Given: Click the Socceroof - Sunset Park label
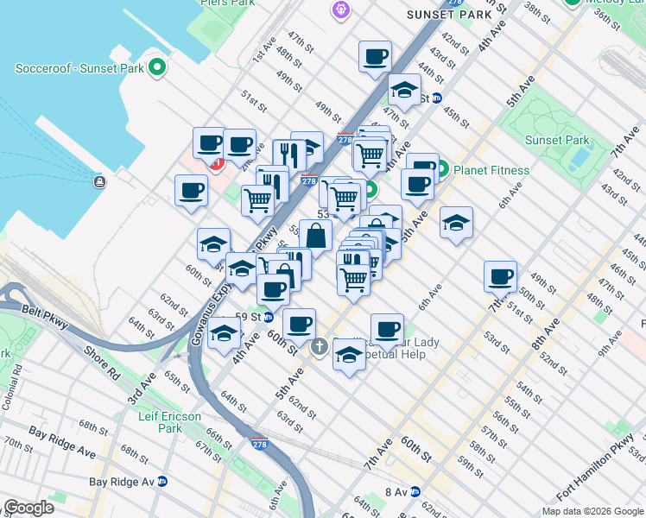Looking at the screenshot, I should coord(79,67).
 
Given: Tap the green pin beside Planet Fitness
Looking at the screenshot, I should coord(442,170).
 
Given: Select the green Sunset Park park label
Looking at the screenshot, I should coord(557,140).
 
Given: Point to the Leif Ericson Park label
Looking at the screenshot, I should coord(170,422).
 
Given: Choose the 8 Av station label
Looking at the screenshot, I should coord(396,491).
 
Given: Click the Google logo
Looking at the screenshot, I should coord(28,508).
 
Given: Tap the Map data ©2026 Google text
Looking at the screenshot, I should coord(592,511).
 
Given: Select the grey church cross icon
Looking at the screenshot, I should coord(319,348).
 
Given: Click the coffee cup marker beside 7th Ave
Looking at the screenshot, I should coord(500,276).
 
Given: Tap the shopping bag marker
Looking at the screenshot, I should coord(316,234).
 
